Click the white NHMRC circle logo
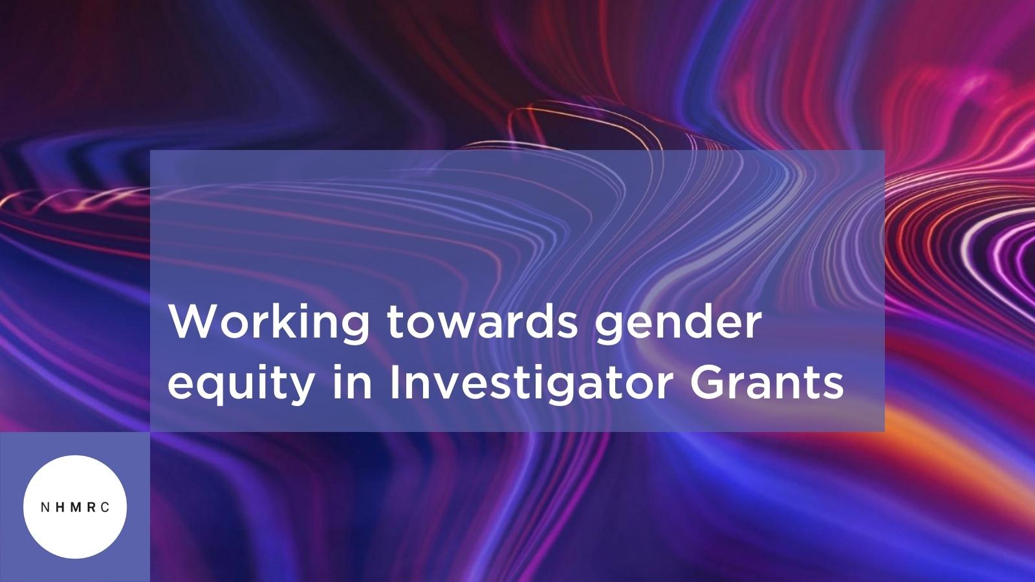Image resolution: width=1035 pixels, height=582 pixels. (x=75, y=507)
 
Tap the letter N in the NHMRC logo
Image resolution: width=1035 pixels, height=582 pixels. (x=44, y=508)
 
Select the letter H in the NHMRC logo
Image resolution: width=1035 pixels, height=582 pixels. (x=59, y=508)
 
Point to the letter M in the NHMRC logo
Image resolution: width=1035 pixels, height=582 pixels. (x=74, y=508)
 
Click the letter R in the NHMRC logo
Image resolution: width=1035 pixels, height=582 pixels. (x=91, y=508)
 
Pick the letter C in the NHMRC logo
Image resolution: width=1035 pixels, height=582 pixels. (x=105, y=508)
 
